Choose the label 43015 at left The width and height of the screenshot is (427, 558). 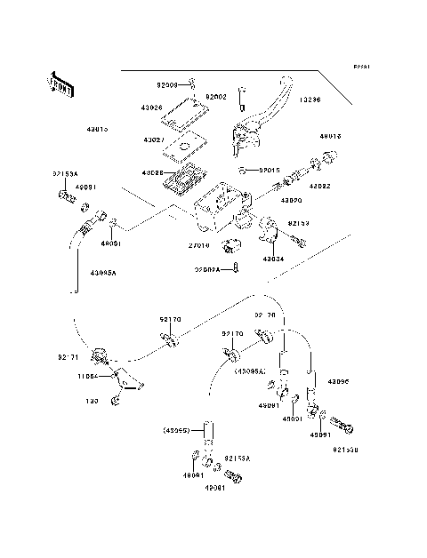[98, 129]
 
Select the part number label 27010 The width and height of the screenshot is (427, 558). [198, 245]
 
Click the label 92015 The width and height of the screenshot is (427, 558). [270, 169]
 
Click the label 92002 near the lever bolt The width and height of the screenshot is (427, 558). [217, 96]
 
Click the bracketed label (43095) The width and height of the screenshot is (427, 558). [176, 431]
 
